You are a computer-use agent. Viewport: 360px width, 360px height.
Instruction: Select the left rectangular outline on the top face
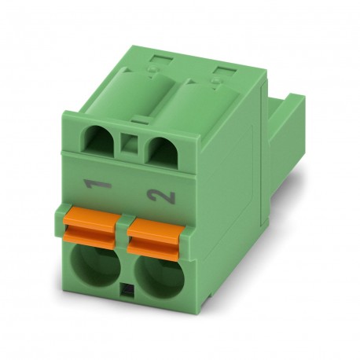tap(162, 61)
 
